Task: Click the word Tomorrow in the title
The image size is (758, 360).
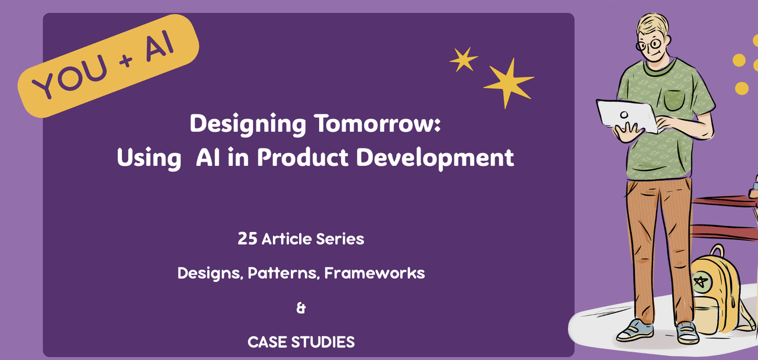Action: [377, 124]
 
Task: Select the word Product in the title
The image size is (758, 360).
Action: [303, 157]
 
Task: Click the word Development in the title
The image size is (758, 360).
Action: [435, 158]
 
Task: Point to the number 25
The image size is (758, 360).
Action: [248, 239]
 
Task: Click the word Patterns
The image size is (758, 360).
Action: [284, 273]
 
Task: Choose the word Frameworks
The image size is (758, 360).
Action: [375, 273]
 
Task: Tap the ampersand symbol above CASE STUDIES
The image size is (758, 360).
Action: [301, 308]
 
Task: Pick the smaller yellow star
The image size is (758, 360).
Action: [463, 59]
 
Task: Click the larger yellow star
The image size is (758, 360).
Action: [508, 82]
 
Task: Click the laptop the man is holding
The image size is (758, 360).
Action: [626, 115]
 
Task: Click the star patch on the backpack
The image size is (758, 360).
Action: [701, 282]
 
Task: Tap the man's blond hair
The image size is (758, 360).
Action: [653, 24]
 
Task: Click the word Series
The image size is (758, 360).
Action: [340, 239]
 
